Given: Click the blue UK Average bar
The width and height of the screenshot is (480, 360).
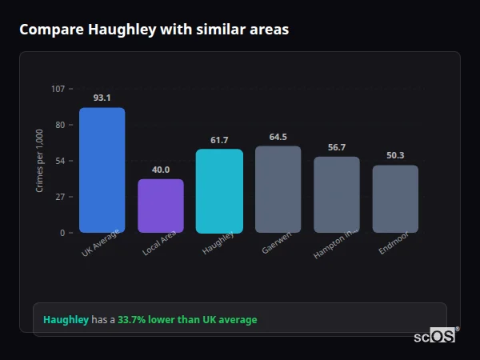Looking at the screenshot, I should (x=102, y=170).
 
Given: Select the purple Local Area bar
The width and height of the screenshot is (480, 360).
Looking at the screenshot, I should (x=161, y=206).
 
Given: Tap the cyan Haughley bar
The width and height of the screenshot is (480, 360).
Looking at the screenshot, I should (x=219, y=191).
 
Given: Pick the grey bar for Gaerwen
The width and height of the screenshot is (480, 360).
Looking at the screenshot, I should (x=278, y=190).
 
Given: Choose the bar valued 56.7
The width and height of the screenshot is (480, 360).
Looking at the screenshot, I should (x=336, y=194).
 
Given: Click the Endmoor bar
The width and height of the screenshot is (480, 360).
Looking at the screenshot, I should (x=395, y=199).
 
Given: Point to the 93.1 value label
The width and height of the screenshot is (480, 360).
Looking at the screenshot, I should (x=102, y=98).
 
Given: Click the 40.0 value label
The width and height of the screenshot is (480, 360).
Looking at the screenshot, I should (x=161, y=170).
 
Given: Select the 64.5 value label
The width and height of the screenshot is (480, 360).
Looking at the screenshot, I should (x=278, y=137).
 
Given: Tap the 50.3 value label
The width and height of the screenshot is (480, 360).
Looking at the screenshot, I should (x=395, y=155).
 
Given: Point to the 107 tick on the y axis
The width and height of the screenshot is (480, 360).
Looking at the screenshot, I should (x=58, y=88).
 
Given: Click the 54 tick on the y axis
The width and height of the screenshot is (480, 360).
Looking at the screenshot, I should (x=60, y=161).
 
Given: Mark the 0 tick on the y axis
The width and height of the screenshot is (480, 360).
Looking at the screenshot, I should (x=62, y=233).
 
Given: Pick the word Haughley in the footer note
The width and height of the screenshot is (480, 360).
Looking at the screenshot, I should (x=66, y=320).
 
